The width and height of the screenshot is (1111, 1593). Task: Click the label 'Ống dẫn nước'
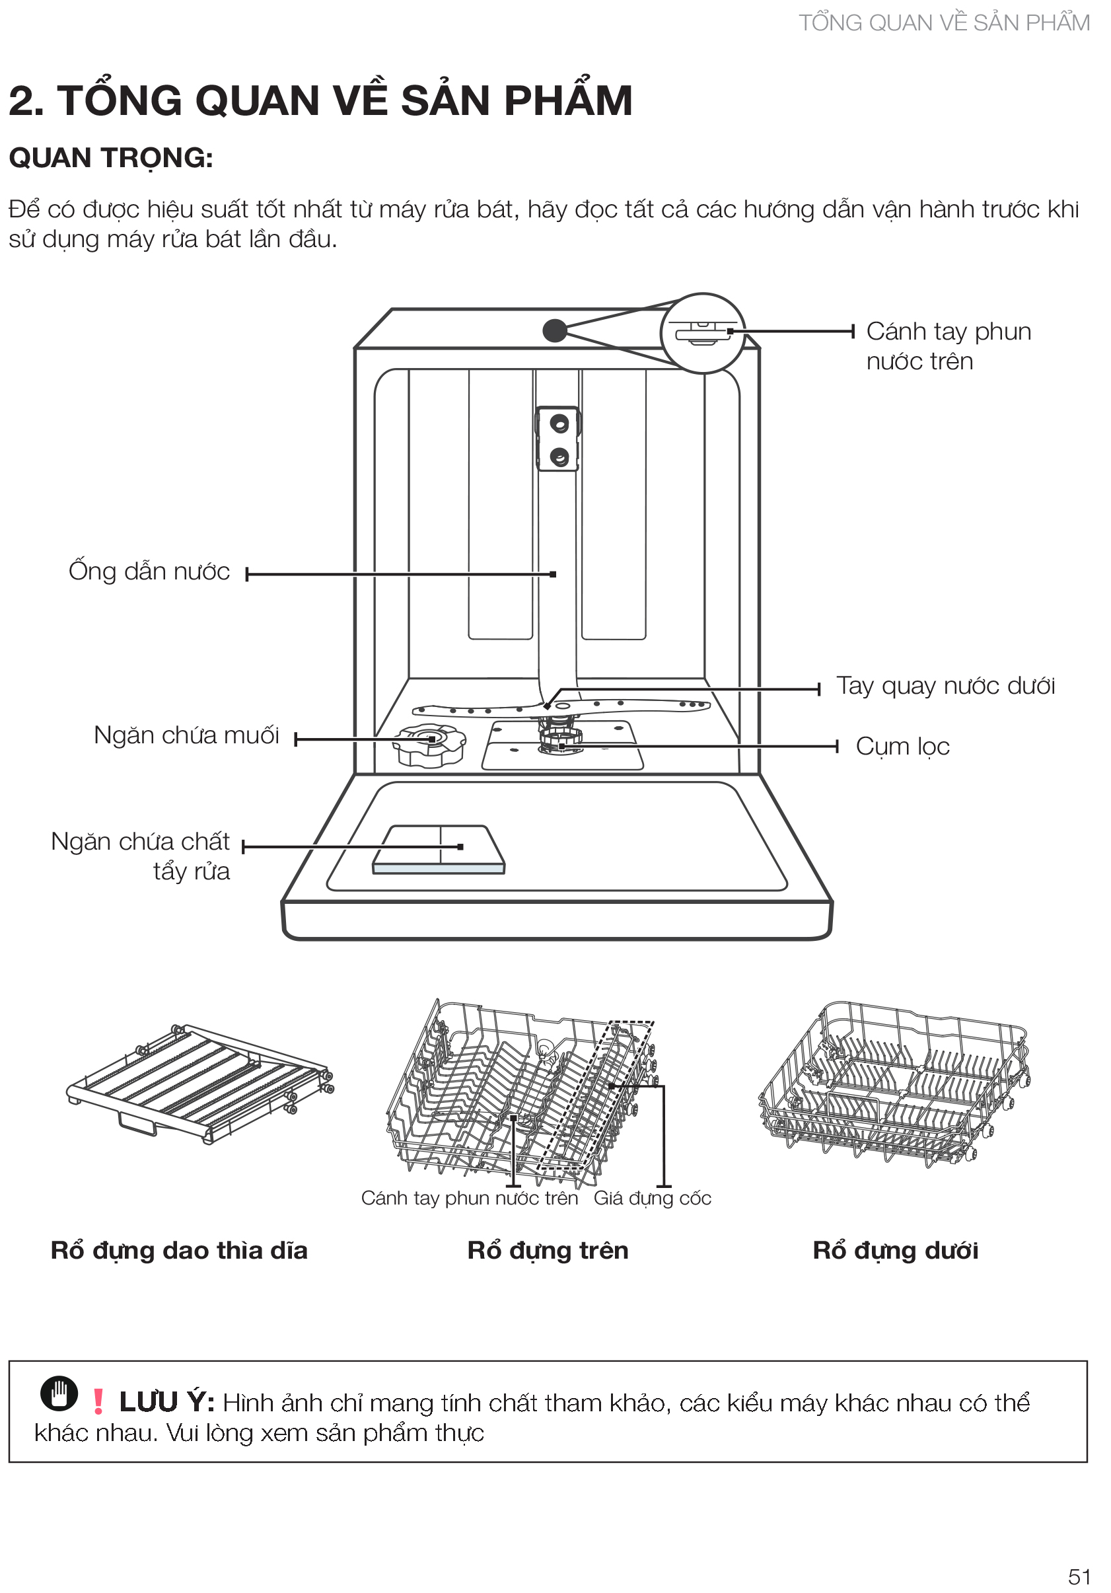click(x=149, y=572)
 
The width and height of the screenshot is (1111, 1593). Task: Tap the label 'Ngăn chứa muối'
click(x=186, y=735)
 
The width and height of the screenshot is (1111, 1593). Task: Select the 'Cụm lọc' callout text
click(x=902, y=747)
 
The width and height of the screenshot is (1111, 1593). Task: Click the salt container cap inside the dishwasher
click(x=429, y=744)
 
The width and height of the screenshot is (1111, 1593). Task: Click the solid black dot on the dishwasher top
click(x=554, y=330)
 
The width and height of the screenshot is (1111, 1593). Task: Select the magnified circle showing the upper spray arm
click(x=703, y=333)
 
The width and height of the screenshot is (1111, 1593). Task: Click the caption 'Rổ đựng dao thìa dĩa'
click(x=179, y=1251)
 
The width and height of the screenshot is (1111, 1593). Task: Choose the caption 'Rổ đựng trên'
click(x=547, y=1251)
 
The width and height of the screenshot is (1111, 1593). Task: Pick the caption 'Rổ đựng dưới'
click(x=894, y=1251)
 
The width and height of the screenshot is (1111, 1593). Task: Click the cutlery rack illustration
click(x=199, y=1082)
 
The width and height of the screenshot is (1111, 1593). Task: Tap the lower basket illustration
click(x=893, y=1082)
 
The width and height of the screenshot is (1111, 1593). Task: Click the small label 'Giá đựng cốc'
click(x=652, y=1199)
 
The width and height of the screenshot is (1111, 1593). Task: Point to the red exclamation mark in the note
click(x=98, y=1401)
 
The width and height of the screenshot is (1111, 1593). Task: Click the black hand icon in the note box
click(x=59, y=1393)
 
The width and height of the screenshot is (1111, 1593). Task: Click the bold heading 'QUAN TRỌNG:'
click(x=111, y=158)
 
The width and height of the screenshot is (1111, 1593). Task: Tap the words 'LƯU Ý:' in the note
click(x=166, y=1402)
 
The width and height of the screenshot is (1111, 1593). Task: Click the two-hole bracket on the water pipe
click(x=558, y=439)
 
